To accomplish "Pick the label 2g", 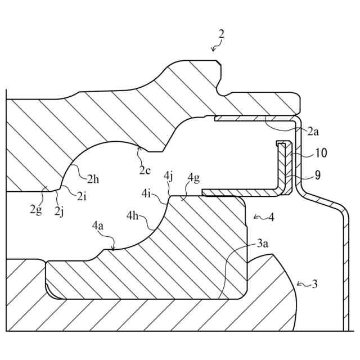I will pos(35,211).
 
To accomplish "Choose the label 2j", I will pos(59,211).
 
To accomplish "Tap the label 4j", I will pos(168,176).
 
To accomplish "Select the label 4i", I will pos(147,195).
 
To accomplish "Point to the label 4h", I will pos(133,215).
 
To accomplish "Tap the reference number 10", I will pos(321,153).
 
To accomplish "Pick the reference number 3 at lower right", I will pos(314,285).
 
